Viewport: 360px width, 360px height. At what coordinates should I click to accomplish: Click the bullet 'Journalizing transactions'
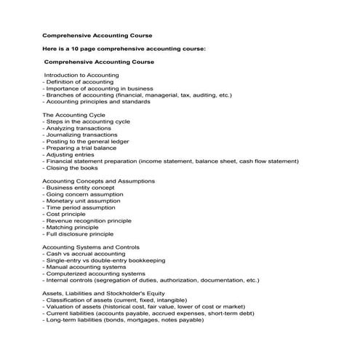pyautogui.click(x=79, y=135)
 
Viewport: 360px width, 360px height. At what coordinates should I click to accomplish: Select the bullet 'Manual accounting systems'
pyautogui.click(x=84, y=267)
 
